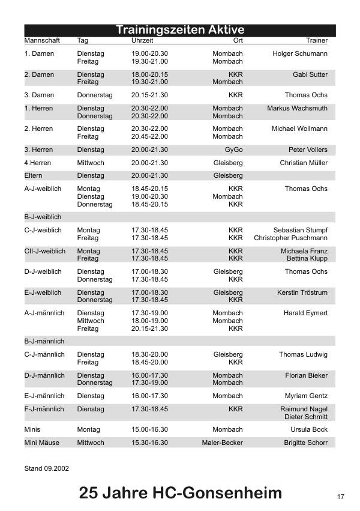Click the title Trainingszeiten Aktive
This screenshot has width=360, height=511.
click(x=180, y=30)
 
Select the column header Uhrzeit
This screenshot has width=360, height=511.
click(x=142, y=41)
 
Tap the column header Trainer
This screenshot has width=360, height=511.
click(x=317, y=41)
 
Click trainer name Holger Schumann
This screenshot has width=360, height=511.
click(x=300, y=54)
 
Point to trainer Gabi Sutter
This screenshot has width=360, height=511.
click(x=310, y=75)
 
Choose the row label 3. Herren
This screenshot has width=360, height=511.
click(x=38, y=150)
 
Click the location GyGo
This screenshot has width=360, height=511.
click(x=233, y=150)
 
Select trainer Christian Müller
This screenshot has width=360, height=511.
click(x=304, y=163)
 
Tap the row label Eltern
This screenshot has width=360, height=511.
click(x=34, y=175)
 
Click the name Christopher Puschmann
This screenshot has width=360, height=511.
click(x=291, y=238)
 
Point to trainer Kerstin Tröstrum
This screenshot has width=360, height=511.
click(x=302, y=292)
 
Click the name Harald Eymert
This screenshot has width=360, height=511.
click(x=305, y=313)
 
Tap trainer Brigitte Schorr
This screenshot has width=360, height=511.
click(x=306, y=443)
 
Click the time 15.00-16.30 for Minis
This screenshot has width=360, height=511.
click(x=149, y=429)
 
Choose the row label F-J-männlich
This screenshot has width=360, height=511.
click(x=44, y=409)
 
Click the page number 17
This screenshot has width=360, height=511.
click(x=340, y=497)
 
